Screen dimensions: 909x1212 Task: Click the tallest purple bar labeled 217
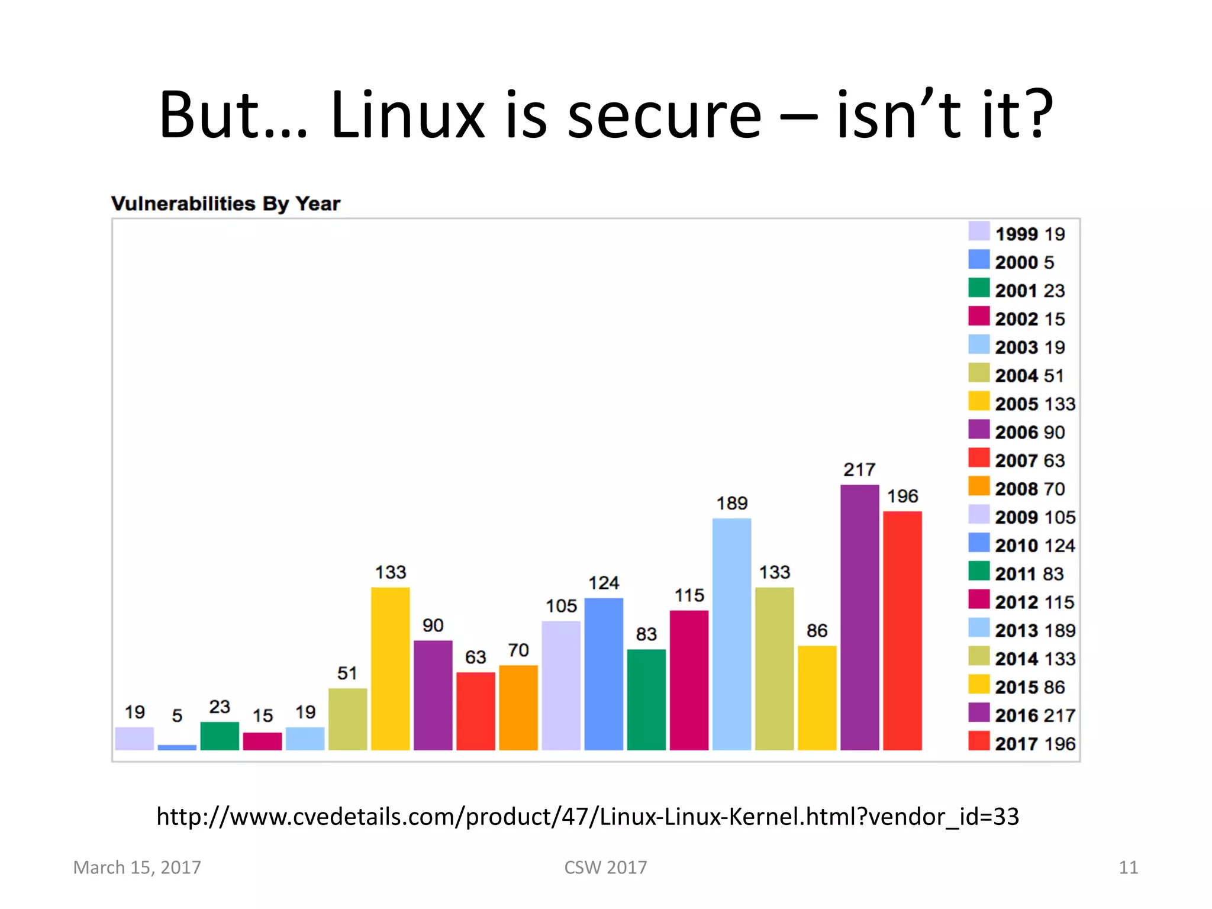859,617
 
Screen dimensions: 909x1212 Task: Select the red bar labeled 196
902,630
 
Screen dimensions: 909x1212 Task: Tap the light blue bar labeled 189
731,634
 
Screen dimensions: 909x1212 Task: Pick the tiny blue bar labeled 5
177,747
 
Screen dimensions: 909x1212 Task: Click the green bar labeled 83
646,700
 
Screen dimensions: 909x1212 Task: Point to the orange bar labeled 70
518,707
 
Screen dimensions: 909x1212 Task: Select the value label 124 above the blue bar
604,583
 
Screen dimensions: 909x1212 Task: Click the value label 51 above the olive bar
347,673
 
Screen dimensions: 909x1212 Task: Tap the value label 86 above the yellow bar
817,630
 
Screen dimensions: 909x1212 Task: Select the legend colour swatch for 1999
979,231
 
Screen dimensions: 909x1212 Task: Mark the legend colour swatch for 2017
979,741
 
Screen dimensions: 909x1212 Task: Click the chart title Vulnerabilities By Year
225,204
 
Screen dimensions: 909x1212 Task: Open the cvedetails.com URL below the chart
587,817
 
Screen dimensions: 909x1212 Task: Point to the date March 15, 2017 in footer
137,868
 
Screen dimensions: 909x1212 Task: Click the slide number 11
1128,868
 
